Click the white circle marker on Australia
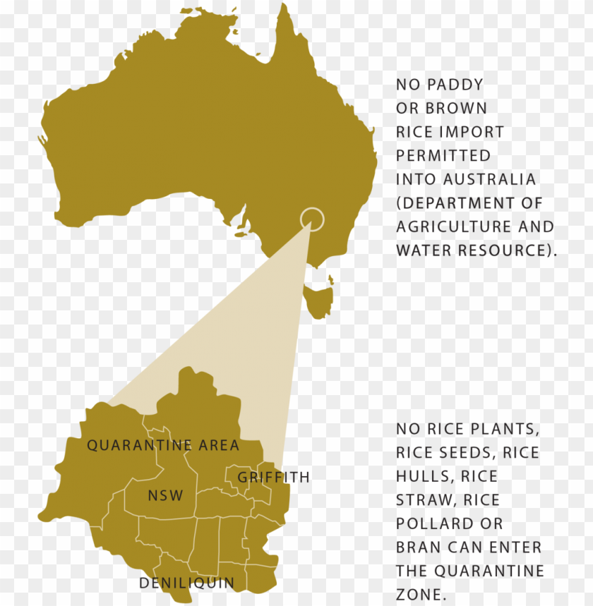point(312,219)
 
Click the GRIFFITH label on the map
point(273,478)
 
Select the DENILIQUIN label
point(186,583)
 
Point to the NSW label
point(165,495)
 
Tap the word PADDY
point(458,85)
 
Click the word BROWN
point(456,109)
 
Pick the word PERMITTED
point(443,156)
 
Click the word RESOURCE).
point(508,250)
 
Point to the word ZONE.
point(421,595)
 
